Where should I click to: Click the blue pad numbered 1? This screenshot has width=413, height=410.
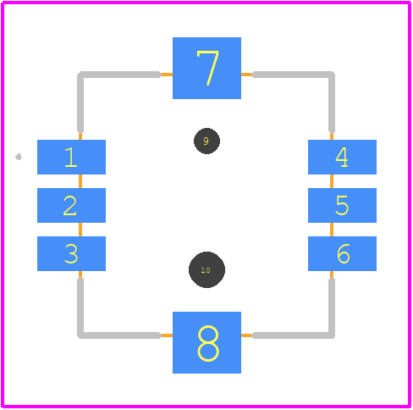(71, 157)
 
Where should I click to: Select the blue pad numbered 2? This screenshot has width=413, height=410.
(71, 205)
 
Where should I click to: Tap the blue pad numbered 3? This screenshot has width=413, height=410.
(71, 253)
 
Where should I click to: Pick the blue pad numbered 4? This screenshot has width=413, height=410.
(342, 157)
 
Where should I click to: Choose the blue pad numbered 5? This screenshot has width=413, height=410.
(342, 205)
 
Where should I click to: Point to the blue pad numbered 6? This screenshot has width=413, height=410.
(342, 253)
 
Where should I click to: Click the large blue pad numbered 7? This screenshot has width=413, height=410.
(206, 68)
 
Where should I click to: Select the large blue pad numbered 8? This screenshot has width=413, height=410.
(206, 342)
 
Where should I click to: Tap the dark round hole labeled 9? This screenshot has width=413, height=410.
(206, 141)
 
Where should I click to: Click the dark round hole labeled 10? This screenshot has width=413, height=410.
(206, 269)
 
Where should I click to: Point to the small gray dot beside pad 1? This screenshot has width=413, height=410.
(19, 157)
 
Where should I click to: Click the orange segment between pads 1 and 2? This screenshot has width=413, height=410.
(80, 181)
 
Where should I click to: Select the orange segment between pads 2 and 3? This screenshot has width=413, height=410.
(80, 230)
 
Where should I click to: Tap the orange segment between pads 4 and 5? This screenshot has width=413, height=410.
(332, 181)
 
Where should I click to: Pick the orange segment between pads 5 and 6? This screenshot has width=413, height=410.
(332, 230)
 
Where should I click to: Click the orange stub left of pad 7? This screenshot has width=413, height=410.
(167, 75)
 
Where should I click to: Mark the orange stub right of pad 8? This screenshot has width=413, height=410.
(247, 335)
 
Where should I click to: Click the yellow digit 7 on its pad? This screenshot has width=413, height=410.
(207, 68)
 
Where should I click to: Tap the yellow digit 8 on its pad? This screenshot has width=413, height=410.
(208, 343)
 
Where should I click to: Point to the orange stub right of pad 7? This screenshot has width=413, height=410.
(247, 75)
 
